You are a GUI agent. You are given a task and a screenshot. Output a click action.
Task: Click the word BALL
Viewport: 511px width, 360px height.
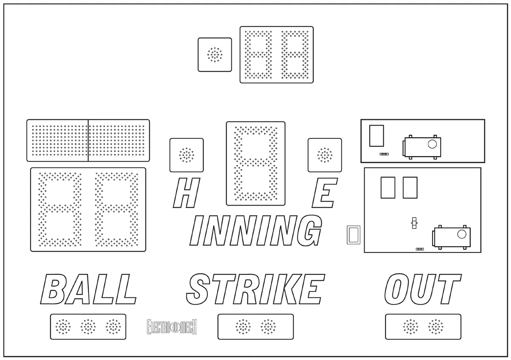point(89,289)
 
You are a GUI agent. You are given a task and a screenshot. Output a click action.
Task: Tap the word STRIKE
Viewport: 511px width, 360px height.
point(256,289)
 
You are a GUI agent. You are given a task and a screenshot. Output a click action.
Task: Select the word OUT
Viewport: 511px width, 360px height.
point(423,289)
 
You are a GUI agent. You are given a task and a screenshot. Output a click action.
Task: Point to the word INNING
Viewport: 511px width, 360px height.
point(256,230)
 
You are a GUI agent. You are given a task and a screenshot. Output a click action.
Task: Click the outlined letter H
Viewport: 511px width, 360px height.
point(187,193)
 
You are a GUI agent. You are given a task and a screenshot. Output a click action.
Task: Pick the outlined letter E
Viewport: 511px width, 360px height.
point(324,193)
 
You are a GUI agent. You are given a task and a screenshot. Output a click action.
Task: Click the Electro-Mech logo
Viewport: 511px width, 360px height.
point(172,327)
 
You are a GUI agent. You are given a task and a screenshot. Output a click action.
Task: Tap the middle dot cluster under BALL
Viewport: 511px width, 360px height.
point(88,327)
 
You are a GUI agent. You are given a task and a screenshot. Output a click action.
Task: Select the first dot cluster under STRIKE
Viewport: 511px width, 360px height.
point(243,327)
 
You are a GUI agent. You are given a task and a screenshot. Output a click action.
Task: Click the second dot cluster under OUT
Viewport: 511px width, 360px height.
point(436,327)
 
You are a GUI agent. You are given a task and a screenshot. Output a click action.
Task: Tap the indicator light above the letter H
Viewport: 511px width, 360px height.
point(187,155)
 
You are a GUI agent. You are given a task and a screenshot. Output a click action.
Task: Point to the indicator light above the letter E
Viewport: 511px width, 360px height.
point(324,155)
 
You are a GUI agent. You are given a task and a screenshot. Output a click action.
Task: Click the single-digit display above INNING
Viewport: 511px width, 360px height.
point(256,163)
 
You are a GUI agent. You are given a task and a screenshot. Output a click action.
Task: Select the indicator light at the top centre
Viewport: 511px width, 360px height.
point(215,55)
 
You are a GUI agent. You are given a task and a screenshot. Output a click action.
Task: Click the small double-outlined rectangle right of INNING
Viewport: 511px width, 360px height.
point(353,235)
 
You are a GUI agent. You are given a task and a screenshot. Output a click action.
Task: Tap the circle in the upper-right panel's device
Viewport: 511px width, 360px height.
point(432,144)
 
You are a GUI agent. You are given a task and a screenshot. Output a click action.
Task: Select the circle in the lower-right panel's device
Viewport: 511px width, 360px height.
point(462,234)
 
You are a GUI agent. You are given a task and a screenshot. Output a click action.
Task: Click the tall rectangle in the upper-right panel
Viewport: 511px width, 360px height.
point(376,136)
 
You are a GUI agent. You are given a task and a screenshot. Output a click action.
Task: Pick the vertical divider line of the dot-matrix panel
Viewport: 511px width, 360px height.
point(88,140)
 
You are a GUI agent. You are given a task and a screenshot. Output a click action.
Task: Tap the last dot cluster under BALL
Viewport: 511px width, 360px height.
point(113,327)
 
